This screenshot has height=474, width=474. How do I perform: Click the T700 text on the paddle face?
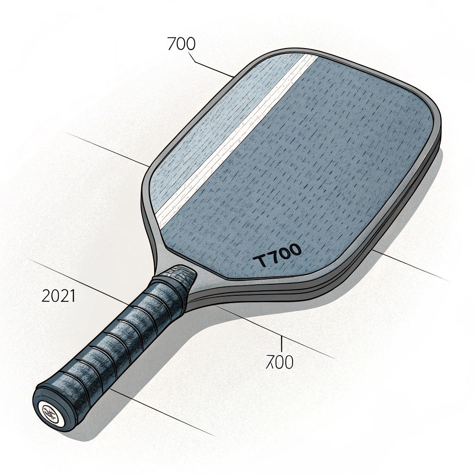[x=278, y=257]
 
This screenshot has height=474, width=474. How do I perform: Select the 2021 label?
[x=58, y=295]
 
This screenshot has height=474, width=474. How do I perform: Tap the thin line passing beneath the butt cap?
[x=167, y=417]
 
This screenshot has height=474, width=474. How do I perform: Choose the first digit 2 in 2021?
[x=45, y=295]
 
